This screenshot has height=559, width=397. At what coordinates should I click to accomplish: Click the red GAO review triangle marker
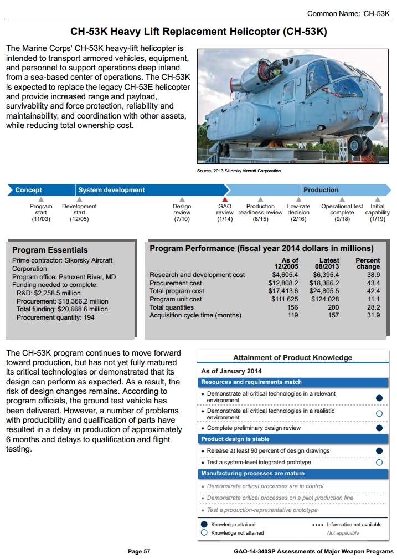(225, 199)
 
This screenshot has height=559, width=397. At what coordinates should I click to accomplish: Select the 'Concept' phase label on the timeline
(28, 190)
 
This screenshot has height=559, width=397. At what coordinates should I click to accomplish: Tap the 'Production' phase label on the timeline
(321, 190)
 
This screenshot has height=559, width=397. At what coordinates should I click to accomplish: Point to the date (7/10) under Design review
(182, 219)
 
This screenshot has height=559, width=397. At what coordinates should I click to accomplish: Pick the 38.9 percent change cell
(373, 275)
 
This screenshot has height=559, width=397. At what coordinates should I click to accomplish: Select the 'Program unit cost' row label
(176, 299)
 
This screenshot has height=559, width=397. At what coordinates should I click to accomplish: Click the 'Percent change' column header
(368, 263)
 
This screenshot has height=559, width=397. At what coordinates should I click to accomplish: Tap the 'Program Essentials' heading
(50, 250)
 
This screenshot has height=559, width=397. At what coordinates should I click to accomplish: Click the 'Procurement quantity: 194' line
(55, 317)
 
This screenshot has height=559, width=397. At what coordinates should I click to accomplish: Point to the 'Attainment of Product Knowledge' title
(292, 357)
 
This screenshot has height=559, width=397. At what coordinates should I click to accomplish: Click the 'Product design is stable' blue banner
(293, 439)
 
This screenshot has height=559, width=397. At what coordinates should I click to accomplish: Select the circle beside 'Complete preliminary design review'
(379, 428)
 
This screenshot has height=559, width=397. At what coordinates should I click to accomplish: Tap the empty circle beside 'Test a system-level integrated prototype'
(379, 462)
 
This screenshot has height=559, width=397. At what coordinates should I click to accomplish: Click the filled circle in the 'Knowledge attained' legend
(204, 524)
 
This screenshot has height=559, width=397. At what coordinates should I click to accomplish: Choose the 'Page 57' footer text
(139, 552)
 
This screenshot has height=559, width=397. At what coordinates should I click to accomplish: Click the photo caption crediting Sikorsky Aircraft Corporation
(239, 171)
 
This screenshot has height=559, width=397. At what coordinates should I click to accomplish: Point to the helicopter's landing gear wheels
(360, 147)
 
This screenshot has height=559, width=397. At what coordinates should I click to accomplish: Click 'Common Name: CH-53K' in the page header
(348, 13)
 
